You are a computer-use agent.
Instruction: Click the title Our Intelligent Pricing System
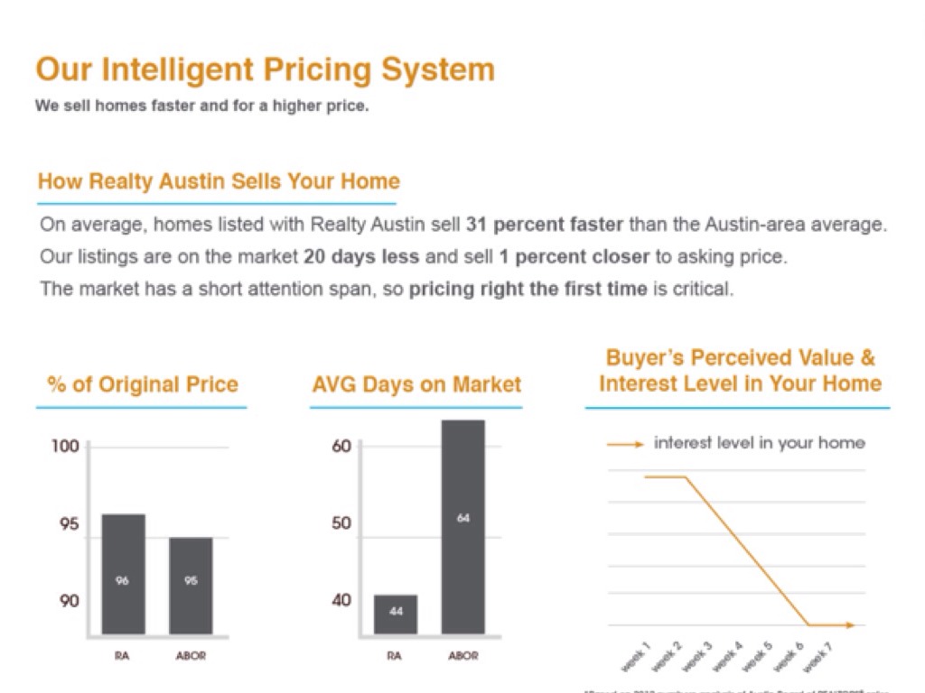(265, 70)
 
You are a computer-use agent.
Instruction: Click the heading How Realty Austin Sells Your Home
(219, 181)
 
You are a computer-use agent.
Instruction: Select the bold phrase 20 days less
(361, 256)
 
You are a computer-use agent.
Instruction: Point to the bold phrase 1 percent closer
(575, 256)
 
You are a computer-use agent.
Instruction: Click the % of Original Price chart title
(143, 385)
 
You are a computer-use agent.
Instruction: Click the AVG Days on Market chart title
(416, 385)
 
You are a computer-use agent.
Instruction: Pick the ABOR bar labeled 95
(191, 586)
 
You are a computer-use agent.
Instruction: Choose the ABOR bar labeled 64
(463, 527)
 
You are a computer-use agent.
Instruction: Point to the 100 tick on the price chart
(70, 447)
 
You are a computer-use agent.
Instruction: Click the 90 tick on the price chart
(70, 601)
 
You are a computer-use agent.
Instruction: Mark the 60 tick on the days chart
(341, 447)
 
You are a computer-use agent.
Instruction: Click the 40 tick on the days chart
(341, 601)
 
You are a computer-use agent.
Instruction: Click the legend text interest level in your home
(759, 443)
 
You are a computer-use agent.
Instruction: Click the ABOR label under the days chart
(463, 656)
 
